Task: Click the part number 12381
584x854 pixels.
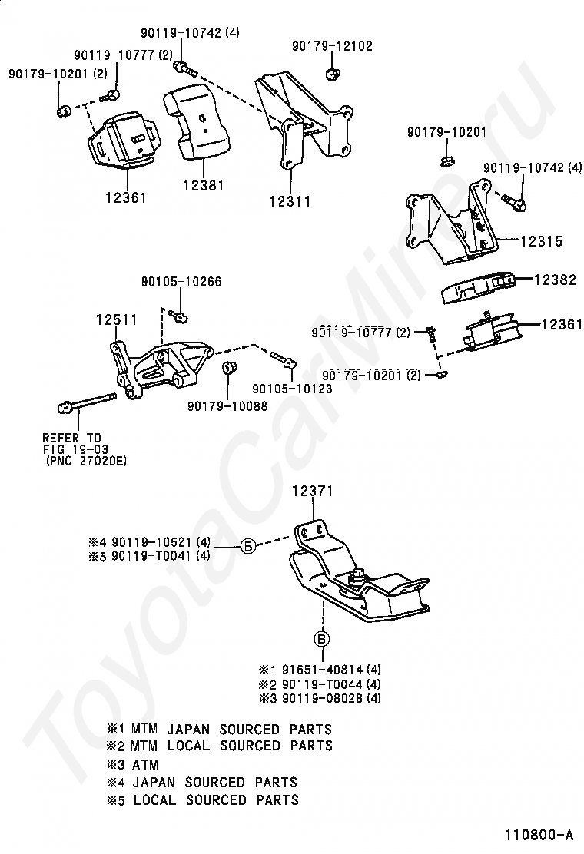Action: point(204,185)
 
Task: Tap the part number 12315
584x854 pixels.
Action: point(541,241)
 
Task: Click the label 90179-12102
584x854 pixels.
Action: point(332,47)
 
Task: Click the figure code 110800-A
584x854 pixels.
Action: point(539,834)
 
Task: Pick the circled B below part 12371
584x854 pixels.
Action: point(321,639)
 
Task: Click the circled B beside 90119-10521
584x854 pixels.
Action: point(248,546)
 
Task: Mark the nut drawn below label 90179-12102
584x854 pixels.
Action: point(333,74)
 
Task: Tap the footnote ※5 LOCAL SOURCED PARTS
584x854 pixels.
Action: point(203,799)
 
